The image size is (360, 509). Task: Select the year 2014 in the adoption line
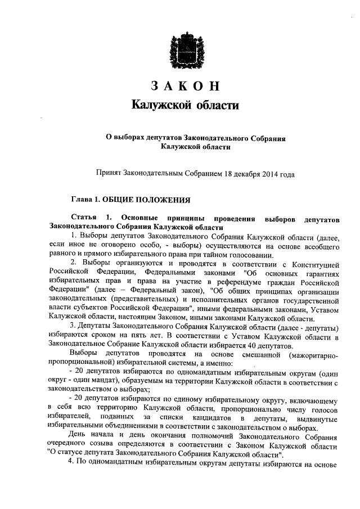coord(269,175)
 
